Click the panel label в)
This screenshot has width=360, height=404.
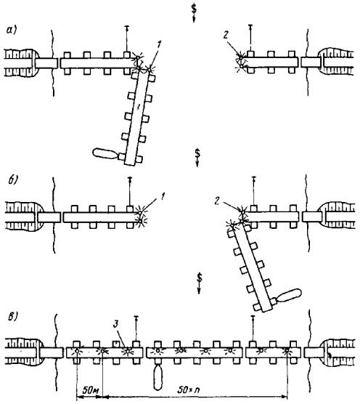point(12,316)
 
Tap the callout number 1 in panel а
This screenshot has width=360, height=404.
point(159,45)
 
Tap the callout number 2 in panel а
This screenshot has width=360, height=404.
point(226,35)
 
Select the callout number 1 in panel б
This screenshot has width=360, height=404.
point(162,197)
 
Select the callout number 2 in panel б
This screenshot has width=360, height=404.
point(218,201)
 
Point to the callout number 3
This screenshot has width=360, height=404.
point(116,324)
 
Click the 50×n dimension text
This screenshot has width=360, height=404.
point(189,389)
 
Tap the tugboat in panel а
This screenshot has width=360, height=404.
point(105,153)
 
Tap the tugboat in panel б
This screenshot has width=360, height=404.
point(289,296)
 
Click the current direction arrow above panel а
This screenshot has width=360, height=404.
point(194,13)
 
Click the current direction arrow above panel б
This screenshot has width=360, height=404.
point(197,158)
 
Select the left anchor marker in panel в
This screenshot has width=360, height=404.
point(136,328)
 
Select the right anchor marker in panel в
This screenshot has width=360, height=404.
point(253,328)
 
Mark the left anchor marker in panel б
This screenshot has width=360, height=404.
point(130,191)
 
